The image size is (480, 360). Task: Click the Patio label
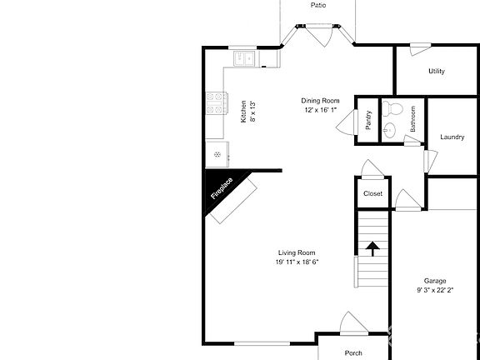point(318,5)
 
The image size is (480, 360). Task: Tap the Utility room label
point(436,72)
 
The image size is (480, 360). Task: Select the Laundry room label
point(452,137)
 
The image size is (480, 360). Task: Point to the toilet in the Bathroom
point(395,108)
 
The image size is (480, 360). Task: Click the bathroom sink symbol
point(389,129)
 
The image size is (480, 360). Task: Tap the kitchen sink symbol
point(245,58)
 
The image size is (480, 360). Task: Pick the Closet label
point(372,194)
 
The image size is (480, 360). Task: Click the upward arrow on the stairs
point(372,247)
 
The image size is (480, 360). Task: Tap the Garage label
point(435,281)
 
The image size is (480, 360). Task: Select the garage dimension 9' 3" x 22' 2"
point(435,291)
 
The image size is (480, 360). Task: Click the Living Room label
point(297,252)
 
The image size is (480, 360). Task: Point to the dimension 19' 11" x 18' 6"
point(297,262)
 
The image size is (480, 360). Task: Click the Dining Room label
point(321,101)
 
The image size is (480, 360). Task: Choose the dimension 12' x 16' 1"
point(321,110)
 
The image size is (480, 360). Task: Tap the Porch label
point(353,353)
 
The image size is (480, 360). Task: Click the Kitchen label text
point(243,112)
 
